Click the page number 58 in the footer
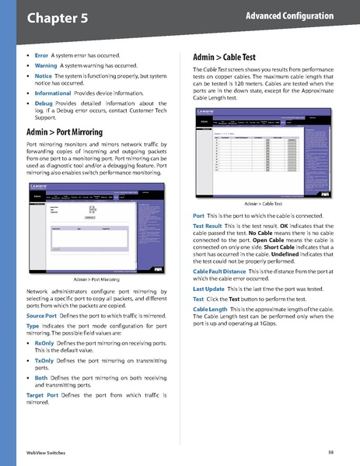pyautogui.click(x=330, y=451)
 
